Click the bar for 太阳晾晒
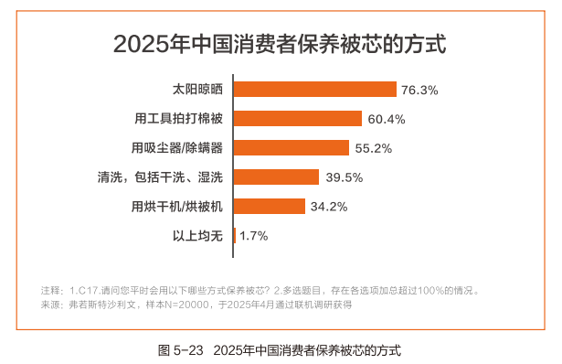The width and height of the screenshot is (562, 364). [x=315, y=90]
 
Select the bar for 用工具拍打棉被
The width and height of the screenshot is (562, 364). [x=298, y=119]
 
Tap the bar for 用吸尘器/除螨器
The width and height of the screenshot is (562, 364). [x=292, y=147]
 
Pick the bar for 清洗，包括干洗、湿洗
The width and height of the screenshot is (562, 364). [x=276, y=177]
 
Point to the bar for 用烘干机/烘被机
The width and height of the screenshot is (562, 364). [x=270, y=206]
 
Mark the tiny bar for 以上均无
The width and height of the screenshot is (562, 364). [x=235, y=235]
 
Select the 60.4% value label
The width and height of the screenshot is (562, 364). [x=386, y=119]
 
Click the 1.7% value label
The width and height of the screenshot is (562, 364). [x=253, y=236]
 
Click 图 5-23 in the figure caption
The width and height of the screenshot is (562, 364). [x=182, y=349]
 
